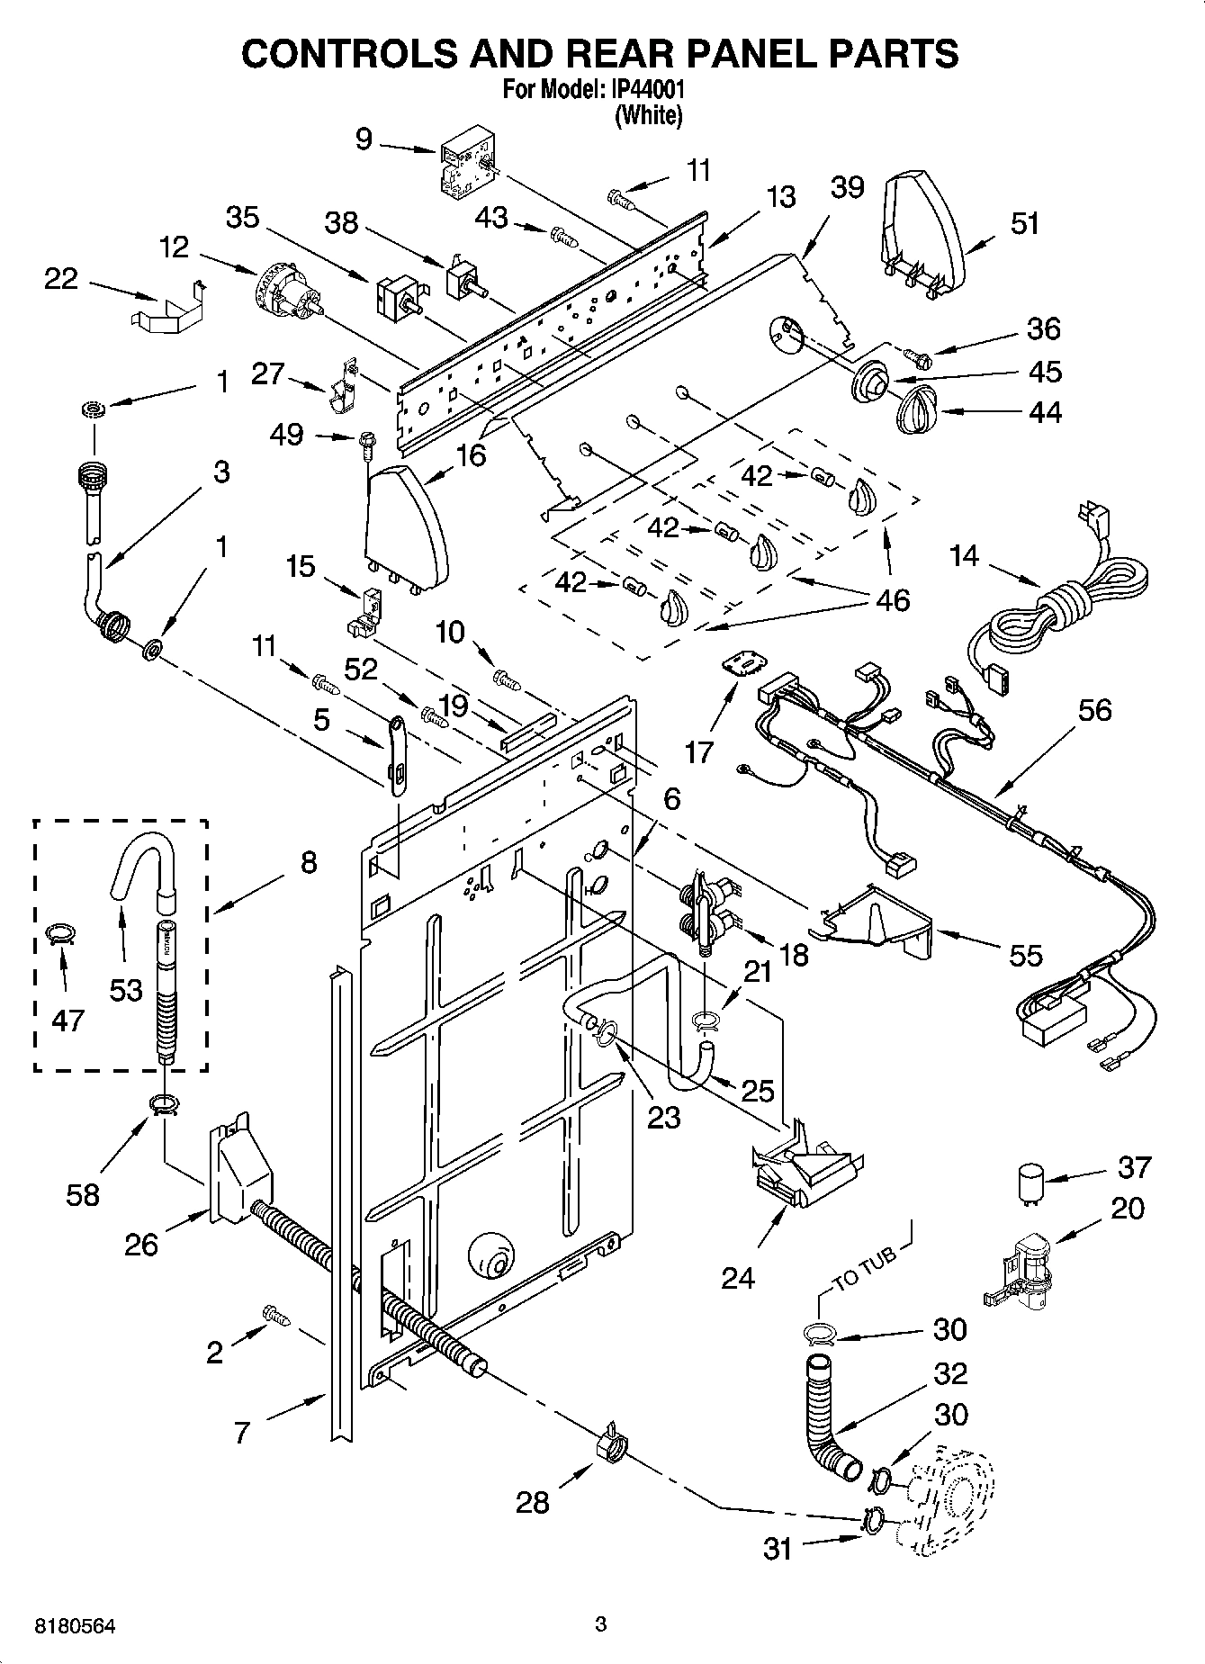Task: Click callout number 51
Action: pyautogui.click(x=1024, y=223)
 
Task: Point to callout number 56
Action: pyautogui.click(x=1094, y=710)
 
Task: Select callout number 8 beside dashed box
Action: pyautogui.click(x=309, y=863)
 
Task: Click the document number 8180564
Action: pyautogui.click(x=76, y=1626)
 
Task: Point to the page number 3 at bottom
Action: pyautogui.click(x=601, y=1624)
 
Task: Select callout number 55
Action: pyautogui.click(x=1025, y=956)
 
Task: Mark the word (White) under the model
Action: pyautogui.click(x=648, y=115)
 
